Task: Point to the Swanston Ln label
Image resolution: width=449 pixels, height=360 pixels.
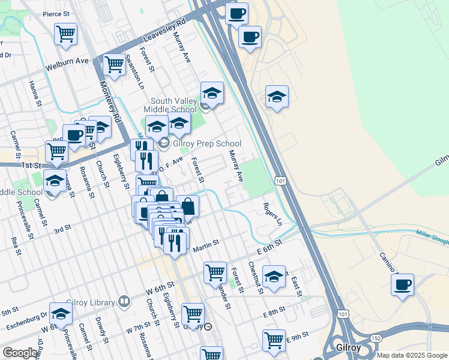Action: click(x=134, y=71)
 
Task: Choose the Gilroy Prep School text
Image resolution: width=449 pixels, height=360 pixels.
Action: click(x=207, y=143)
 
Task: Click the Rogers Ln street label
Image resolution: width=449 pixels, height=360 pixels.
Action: click(x=273, y=214)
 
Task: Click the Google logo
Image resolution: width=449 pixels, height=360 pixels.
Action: click(x=20, y=353)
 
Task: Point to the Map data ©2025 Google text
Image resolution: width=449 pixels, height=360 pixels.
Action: click(x=412, y=355)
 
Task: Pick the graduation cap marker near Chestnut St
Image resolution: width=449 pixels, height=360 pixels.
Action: click(x=274, y=276)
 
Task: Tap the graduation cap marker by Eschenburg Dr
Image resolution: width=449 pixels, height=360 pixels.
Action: click(x=61, y=314)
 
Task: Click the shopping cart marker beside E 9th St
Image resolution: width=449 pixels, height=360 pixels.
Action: click(x=274, y=340)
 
